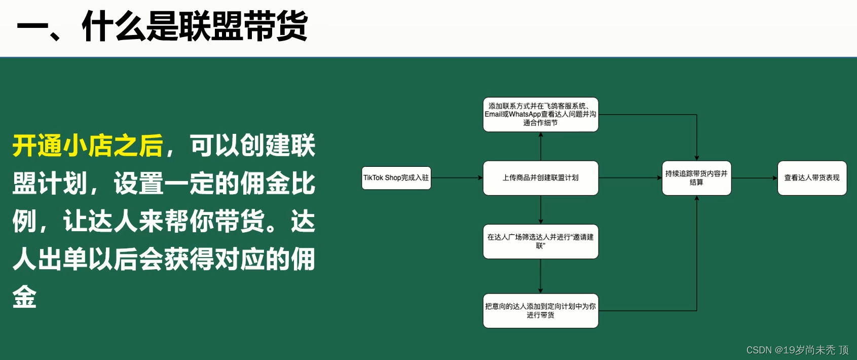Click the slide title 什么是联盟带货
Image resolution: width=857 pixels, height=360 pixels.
coord(195,26)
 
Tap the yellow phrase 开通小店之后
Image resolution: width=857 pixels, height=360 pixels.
coord(88,146)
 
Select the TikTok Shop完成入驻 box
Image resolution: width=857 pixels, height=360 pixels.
coord(396,178)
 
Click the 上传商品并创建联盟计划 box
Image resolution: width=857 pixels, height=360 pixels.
coord(540,178)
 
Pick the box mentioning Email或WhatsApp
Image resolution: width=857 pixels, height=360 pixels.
coord(540,115)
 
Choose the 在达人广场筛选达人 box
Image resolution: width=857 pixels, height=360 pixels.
coord(540,241)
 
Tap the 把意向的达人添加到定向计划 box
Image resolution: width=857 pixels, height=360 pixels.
coord(540,311)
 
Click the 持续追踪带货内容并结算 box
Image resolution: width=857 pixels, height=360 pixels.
coord(696,178)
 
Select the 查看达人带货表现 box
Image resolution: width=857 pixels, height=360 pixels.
coord(812,178)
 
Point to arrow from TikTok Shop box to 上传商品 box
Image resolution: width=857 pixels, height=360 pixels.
coord(457,178)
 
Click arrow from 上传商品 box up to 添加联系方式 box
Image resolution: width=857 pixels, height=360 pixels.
coord(541,147)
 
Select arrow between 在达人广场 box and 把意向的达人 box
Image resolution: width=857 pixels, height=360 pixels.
coord(541,276)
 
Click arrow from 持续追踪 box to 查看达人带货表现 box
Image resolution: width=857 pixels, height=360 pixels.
coord(754,178)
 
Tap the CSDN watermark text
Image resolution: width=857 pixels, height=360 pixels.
coord(797,350)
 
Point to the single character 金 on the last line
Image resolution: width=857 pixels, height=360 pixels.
coord(24,297)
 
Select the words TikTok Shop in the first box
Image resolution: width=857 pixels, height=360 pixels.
coord(382,178)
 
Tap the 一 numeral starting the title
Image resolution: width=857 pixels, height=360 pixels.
coord(33,26)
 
